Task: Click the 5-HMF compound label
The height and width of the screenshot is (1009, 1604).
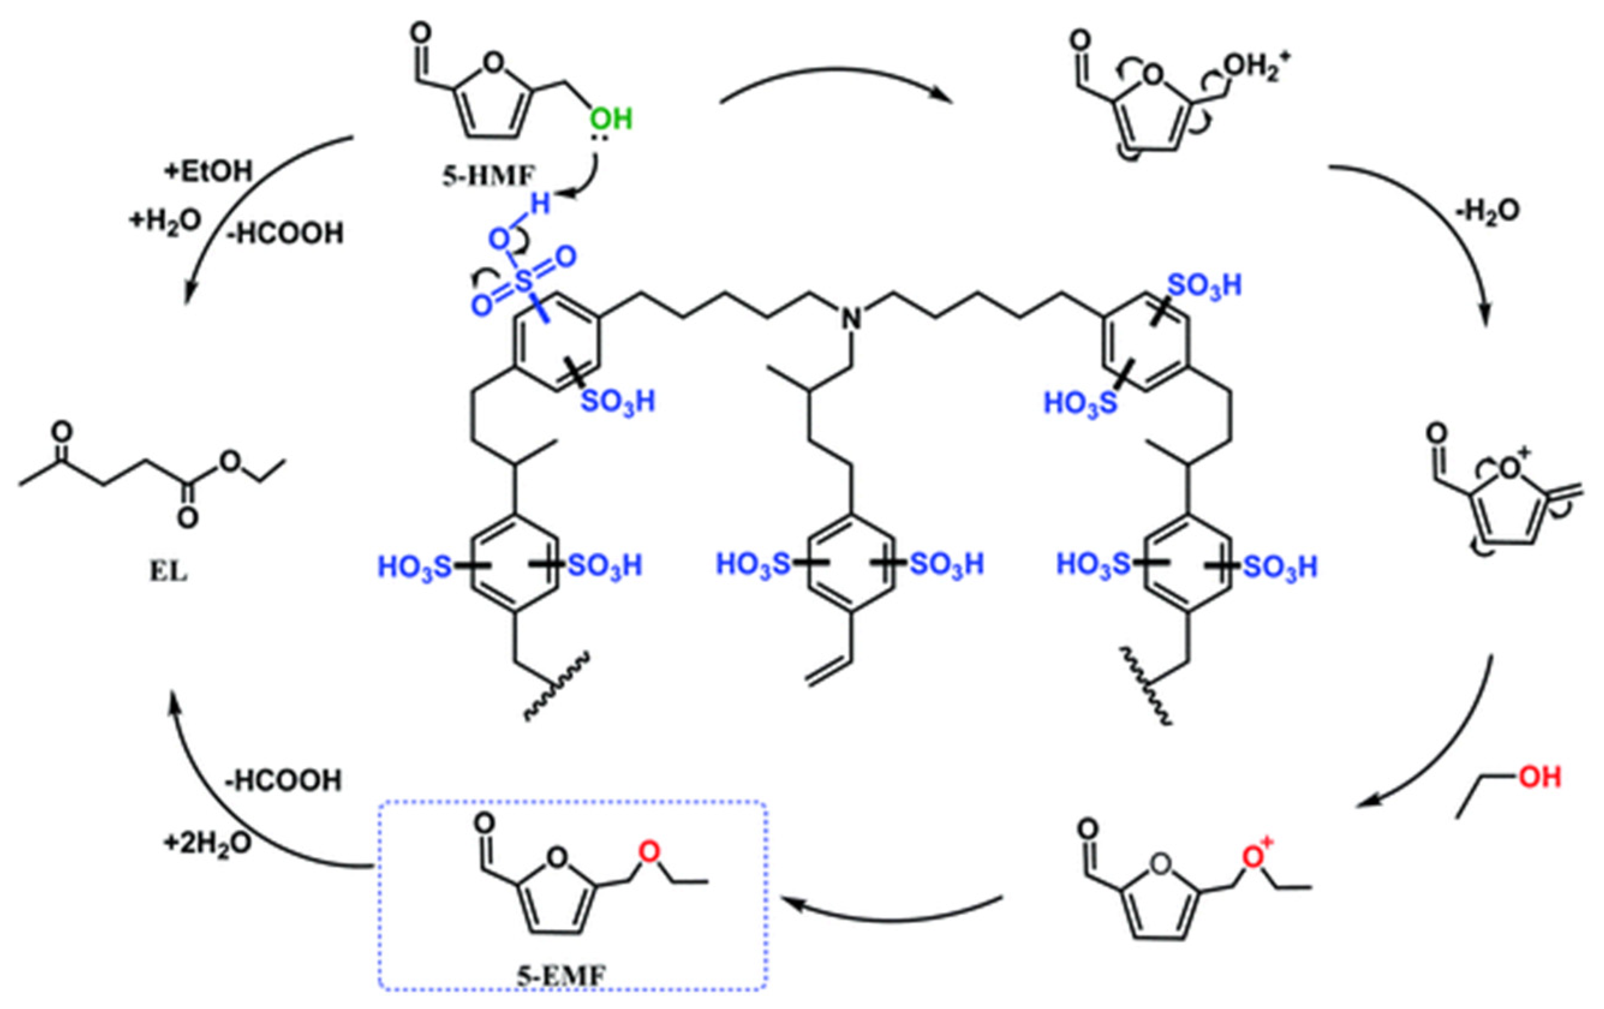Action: coord(489,175)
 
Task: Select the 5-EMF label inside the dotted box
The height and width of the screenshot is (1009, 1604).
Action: coord(561,977)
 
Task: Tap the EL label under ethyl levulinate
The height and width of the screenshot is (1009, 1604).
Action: coord(169,571)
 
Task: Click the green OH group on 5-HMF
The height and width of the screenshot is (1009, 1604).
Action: coord(611,121)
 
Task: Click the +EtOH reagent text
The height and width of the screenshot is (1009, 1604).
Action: coord(208,172)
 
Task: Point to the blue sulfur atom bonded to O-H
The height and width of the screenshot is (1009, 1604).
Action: coord(525,282)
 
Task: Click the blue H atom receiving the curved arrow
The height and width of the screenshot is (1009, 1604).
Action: coord(540,204)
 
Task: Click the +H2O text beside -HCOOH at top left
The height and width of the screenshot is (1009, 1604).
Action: coord(165,221)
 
